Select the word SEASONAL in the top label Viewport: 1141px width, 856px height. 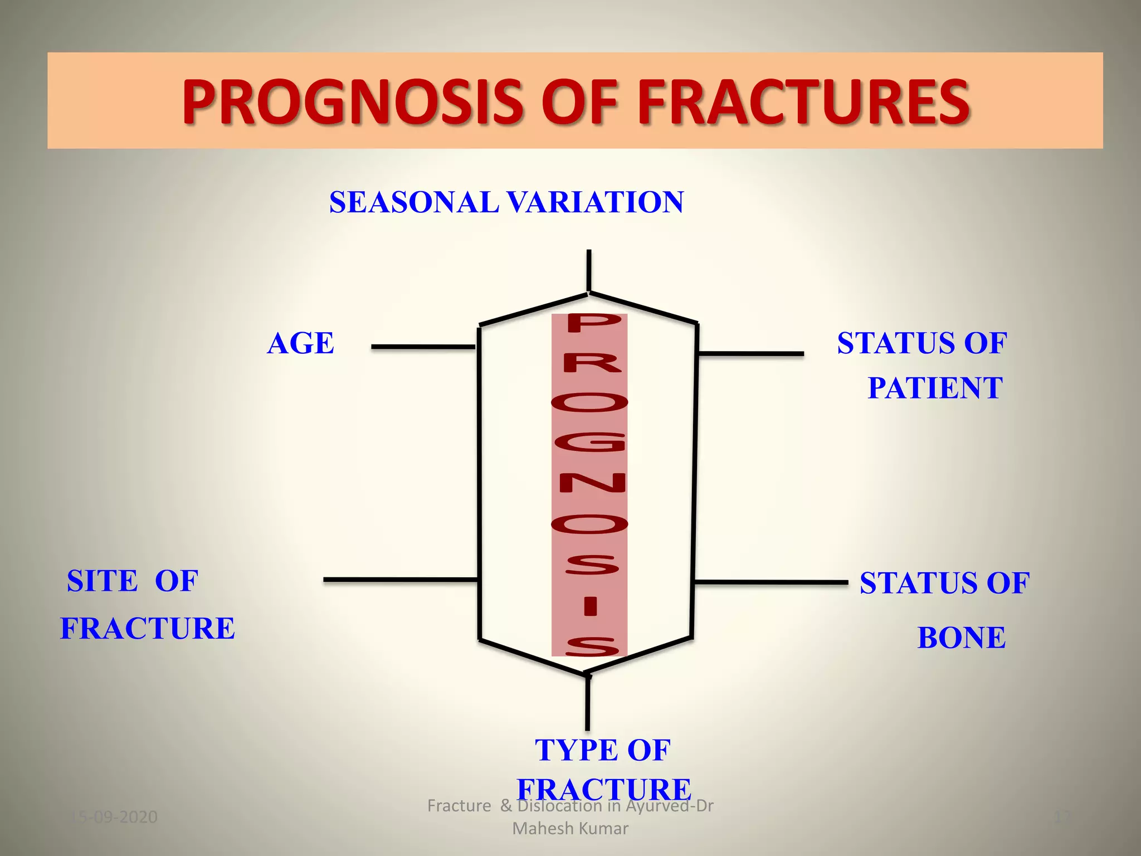pyautogui.click(x=413, y=202)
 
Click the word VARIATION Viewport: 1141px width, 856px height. pyautogui.click(x=595, y=202)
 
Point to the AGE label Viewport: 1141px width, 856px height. pyautogui.click(x=300, y=343)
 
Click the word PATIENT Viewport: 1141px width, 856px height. pyautogui.click(x=935, y=388)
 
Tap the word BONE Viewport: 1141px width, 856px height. pyautogui.click(x=961, y=638)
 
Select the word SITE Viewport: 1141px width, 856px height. pyautogui.click(x=102, y=581)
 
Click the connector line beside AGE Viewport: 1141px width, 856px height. pyautogui.click(x=422, y=347)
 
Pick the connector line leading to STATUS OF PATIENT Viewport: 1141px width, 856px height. pyautogui.click(x=750, y=353)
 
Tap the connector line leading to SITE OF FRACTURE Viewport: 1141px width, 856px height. pyautogui.click(x=400, y=580)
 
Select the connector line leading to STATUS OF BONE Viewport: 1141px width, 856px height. pyautogui.click(x=771, y=582)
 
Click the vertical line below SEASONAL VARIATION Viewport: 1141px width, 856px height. pyautogui.click(x=589, y=270)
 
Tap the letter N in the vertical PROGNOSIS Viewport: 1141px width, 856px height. pyautogui.click(x=592, y=483)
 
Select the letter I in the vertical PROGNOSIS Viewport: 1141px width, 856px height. pyautogui.click(x=591, y=606)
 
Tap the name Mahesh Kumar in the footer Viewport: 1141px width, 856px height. pyautogui.click(x=570, y=829)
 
